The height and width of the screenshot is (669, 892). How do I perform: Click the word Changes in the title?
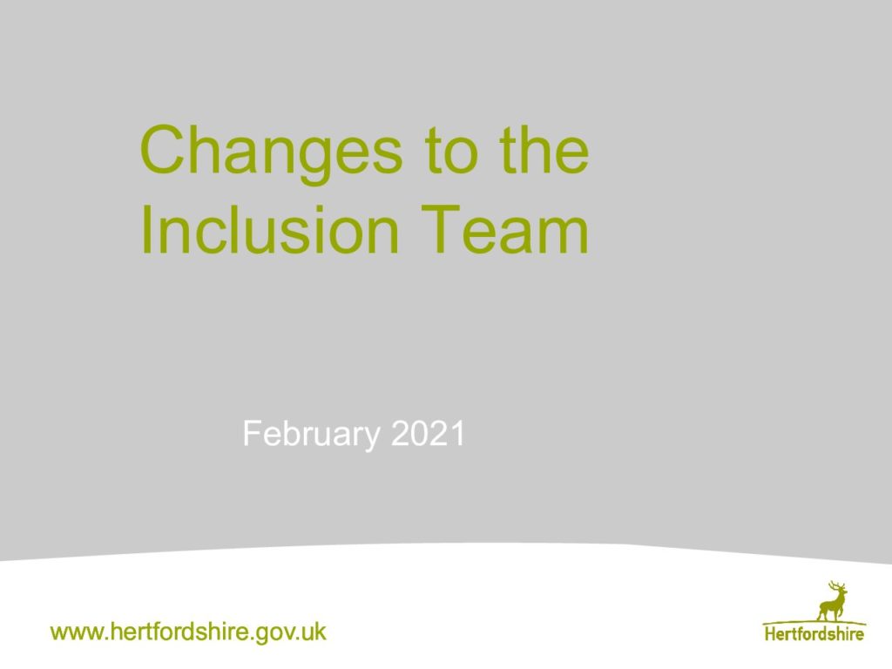271,152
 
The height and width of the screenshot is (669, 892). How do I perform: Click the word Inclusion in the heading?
270,230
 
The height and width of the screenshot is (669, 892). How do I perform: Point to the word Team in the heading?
504,230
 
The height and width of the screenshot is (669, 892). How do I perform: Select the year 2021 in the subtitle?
429,434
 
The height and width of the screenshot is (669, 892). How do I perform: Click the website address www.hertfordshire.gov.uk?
188,632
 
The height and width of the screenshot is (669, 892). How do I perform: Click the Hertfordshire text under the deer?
814,633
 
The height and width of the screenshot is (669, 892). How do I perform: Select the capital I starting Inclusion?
145,230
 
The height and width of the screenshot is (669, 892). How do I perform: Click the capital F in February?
252,434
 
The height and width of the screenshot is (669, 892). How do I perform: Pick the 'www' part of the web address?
78,632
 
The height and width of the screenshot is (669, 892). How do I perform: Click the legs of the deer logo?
830,613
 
